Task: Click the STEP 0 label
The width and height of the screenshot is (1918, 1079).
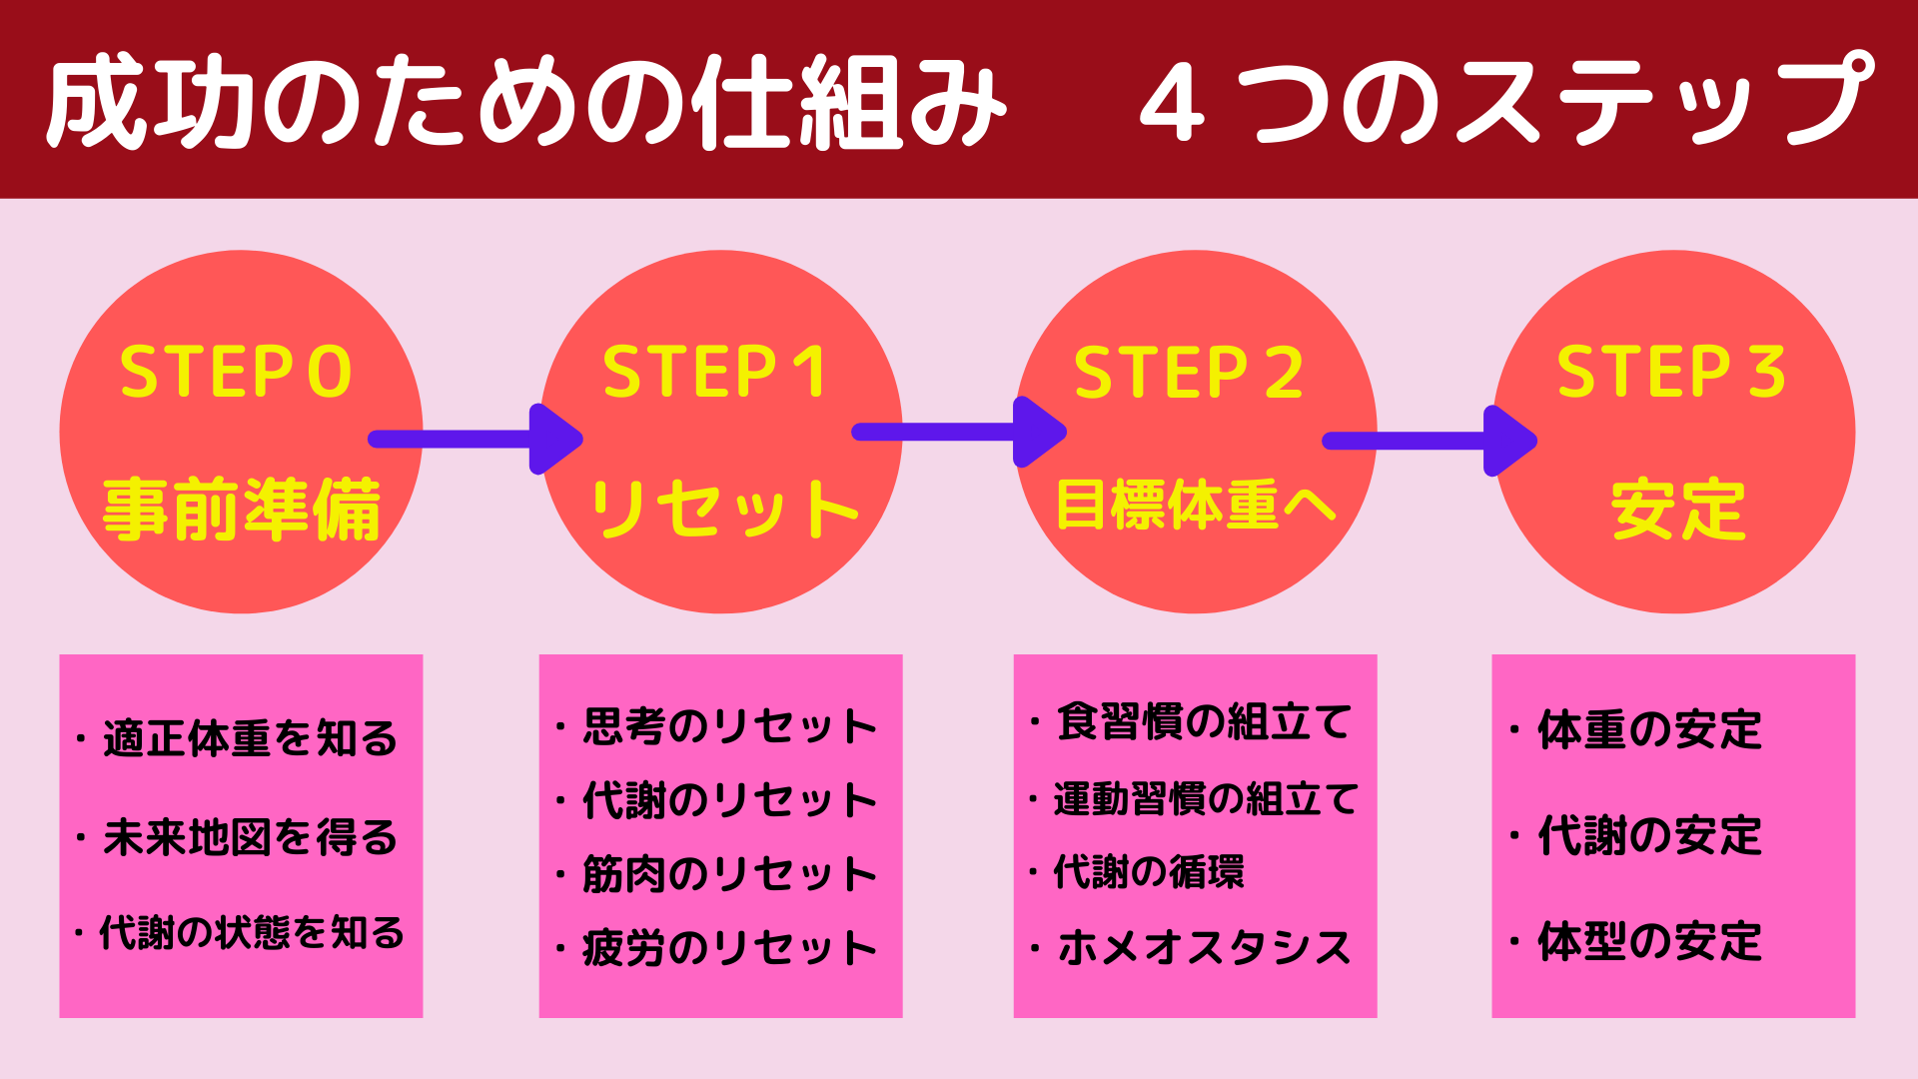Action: click(x=236, y=372)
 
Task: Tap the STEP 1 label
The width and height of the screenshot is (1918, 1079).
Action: click(x=714, y=372)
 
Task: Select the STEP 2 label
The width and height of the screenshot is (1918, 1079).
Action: click(x=1189, y=372)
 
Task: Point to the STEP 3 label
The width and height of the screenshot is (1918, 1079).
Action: click(x=1671, y=372)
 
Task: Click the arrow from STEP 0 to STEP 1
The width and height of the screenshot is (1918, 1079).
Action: click(x=476, y=439)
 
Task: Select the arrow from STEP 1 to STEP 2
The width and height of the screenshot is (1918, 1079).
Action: click(x=959, y=432)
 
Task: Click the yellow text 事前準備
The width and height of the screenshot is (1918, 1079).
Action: click(x=242, y=510)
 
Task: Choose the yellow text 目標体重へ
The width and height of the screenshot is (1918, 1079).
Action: click(x=1196, y=505)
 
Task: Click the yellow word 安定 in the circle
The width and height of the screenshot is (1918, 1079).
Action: click(x=1678, y=510)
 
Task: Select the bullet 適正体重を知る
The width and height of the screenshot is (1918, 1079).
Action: click(x=238, y=739)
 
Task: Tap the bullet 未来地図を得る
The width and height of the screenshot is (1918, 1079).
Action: click(x=238, y=837)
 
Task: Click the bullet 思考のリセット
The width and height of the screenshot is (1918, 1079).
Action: click(x=717, y=726)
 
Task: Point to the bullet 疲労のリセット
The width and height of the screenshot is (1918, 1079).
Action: click(x=717, y=948)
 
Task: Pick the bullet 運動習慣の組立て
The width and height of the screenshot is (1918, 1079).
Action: click(x=1195, y=799)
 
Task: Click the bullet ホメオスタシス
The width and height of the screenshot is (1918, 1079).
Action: click(x=1192, y=947)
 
